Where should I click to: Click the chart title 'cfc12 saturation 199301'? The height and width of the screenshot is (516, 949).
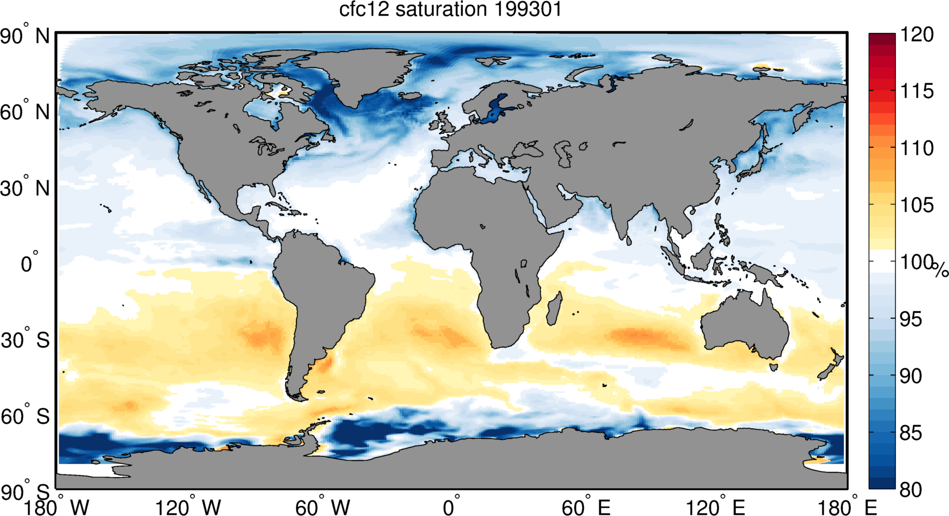click(x=450, y=10)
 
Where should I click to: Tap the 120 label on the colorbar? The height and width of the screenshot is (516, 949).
click(x=916, y=35)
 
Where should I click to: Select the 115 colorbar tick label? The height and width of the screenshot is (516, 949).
click(x=916, y=92)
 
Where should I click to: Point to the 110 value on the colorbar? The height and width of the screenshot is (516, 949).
click(x=916, y=148)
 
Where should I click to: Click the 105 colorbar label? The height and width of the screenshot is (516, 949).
click(x=916, y=205)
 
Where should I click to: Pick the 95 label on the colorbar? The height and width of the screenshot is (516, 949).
click(x=911, y=319)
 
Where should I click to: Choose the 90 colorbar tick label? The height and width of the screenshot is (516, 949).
click(x=911, y=376)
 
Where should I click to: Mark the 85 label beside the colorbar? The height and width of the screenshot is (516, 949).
click(x=911, y=433)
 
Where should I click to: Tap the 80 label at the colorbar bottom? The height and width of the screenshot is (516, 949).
click(x=911, y=490)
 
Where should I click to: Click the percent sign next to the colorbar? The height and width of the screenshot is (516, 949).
click(x=941, y=270)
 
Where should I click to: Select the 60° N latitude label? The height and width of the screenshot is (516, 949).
click(x=25, y=112)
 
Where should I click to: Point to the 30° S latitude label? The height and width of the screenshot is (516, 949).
click(x=25, y=340)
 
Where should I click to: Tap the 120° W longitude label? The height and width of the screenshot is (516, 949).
click(x=188, y=508)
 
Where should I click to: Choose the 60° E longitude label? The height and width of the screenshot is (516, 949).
click(x=586, y=508)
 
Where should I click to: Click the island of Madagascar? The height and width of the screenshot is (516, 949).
click(x=554, y=309)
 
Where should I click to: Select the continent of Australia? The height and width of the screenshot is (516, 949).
click(x=745, y=325)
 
